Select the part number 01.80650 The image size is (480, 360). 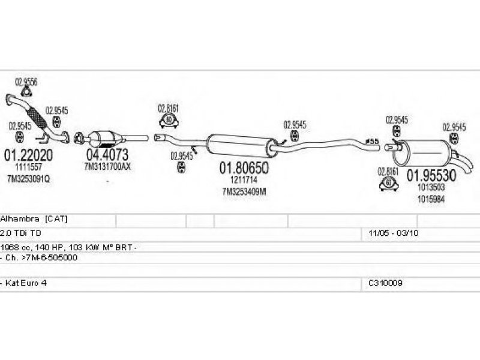point(243,168)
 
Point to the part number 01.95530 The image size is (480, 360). point(432,175)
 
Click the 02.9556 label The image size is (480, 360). point(26,82)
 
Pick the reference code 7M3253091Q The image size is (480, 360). point(29,179)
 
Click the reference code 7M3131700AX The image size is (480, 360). point(107,166)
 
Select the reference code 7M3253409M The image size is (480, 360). point(244,191)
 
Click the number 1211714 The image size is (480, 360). point(243,179)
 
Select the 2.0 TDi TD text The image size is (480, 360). point(22,232)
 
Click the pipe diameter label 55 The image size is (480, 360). point(373,142)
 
